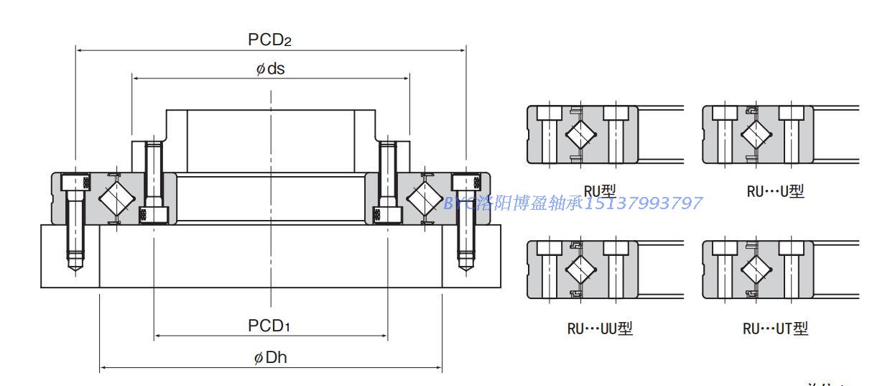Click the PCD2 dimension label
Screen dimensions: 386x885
coord(269,40)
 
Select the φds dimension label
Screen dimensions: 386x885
coord(271,69)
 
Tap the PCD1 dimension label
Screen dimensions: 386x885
coord(269,326)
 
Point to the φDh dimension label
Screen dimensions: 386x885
coord(271,358)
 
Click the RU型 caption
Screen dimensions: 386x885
coord(600,190)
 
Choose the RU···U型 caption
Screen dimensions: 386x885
coord(776,191)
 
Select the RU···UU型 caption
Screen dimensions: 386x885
coord(600,328)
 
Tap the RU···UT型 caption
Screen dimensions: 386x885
coord(776,328)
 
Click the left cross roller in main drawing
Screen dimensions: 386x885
coord(113,197)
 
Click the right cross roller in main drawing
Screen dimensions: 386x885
coord(426,197)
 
